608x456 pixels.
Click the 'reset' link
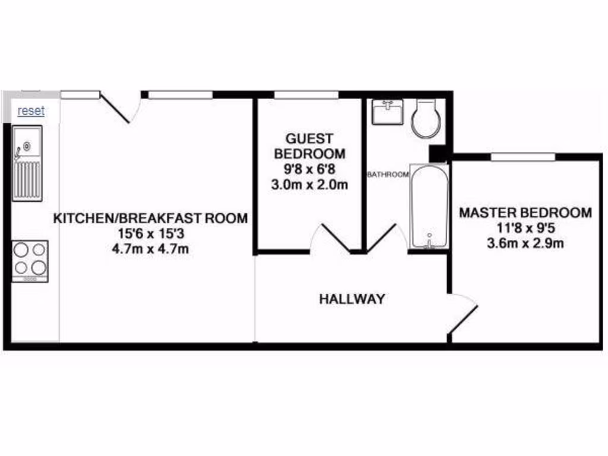pyautogui.click(x=31, y=111)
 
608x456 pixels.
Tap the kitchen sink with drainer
pyautogui.click(x=28, y=164)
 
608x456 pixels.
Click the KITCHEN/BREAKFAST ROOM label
pyautogui.click(x=151, y=218)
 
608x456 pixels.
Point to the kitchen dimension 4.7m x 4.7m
pyautogui.click(x=151, y=249)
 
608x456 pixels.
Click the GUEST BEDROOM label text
pyautogui.click(x=309, y=146)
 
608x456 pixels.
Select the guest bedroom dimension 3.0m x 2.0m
pyautogui.click(x=309, y=185)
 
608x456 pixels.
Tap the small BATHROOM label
pyautogui.click(x=388, y=175)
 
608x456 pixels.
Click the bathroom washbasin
pyautogui.click(x=388, y=112)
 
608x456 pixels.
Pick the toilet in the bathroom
pyautogui.click(x=426, y=118)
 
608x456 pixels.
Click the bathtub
pyautogui.click(x=429, y=207)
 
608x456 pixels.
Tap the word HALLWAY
pyautogui.click(x=352, y=299)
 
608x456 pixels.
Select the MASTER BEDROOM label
pyautogui.click(x=526, y=213)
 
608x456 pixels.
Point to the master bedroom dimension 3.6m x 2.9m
pyautogui.click(x=526, y=243)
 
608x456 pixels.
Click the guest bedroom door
pyautogui.click(x=336, y=238)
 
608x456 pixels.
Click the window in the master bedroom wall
pyautogui.click(x=523, y=157)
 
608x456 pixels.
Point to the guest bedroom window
pyautogui.click(x=306, y=94)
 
